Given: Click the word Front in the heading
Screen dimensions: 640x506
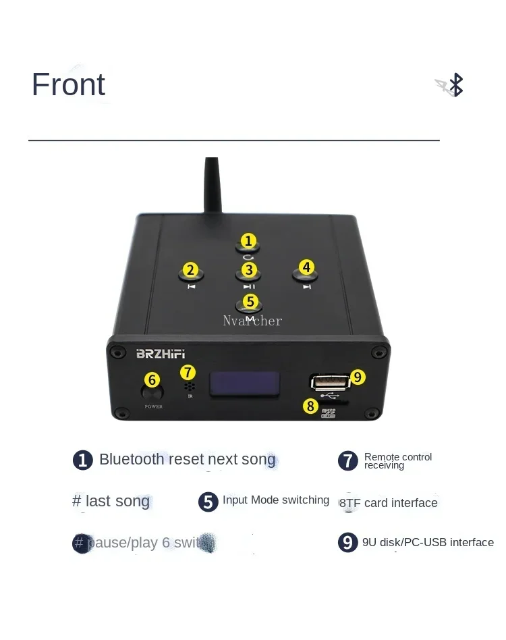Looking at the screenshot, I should coord(68,85).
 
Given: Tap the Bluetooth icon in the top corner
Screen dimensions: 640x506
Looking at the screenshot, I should coord(456,85).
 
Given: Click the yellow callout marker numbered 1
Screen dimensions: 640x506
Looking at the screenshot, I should coord(249,241).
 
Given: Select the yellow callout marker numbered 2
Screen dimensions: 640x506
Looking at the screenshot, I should coord(190,271).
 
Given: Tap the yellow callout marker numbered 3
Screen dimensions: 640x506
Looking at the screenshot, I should coord(250,271).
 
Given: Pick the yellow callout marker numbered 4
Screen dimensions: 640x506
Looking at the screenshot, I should coord(306,267).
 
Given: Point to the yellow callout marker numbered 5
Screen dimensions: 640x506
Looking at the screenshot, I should coord(250,301).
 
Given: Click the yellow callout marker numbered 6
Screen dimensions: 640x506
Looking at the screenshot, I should coord(152,380).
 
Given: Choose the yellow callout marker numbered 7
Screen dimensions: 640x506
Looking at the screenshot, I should coord(188,372).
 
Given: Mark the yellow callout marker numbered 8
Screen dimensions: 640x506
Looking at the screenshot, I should coord(310,406).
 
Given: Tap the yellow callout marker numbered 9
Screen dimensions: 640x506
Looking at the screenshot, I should coord(358,377).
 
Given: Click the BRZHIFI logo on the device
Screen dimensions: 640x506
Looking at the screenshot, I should coord(161,353).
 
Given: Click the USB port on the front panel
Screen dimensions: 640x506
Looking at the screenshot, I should coord(329,382).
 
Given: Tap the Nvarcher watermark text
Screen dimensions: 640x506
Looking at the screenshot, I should coord(252,321).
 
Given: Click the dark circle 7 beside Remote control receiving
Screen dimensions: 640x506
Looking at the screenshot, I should coord(347,461).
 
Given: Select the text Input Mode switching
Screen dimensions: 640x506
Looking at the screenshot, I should coord(275,500).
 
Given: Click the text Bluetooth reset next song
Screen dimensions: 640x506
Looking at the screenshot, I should coord(187,460).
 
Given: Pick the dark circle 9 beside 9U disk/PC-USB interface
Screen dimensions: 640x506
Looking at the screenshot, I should coord(347,543).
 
